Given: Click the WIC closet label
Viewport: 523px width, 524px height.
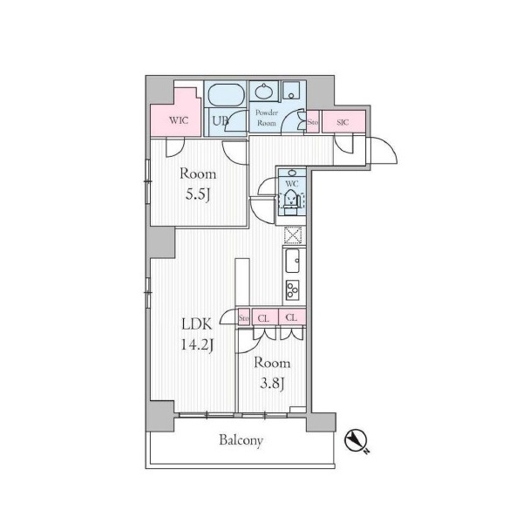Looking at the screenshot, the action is tap(179, 120).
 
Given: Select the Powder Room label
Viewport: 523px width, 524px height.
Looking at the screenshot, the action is tap(267, 118).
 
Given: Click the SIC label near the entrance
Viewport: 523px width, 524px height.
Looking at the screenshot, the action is tap(343, 122).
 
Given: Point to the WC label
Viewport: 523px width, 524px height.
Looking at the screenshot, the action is tap(292, 183).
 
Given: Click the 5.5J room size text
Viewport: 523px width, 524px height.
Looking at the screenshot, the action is tap(198, 194).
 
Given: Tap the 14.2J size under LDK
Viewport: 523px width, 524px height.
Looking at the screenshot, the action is tap(197, 344).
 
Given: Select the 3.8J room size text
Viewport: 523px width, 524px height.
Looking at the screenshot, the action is tap(272, 384).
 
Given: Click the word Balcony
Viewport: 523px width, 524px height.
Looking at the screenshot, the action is tap(241, 440).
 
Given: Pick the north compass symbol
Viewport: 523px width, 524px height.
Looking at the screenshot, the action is tap(357, 441).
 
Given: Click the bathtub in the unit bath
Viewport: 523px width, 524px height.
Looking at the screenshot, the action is tap(225, 94).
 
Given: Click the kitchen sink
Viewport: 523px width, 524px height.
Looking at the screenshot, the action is tap(293, 261).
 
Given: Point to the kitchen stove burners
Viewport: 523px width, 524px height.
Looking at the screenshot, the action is tap(293, 289).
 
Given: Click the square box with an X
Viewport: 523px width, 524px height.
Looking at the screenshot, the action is tap(293, 235).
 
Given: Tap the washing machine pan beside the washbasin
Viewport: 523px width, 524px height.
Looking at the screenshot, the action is tap(292, 90).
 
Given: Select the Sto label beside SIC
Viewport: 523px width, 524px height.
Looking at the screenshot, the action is tap(312, 122).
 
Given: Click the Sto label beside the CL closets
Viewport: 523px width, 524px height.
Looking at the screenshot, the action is tap(243, 318).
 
